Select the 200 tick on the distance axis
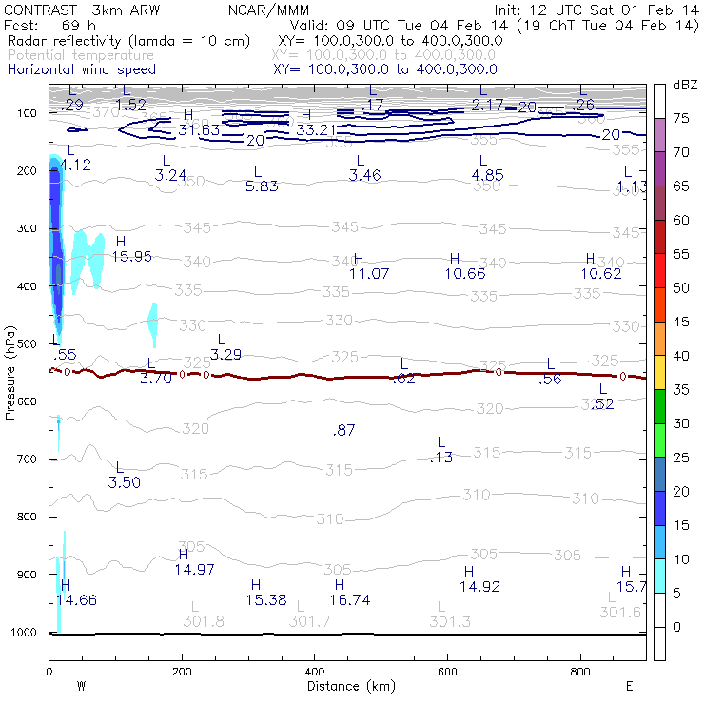tap(181, 671)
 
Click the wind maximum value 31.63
tap(199, 129)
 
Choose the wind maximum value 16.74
tap(350, 600)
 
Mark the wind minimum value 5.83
tap(262, 186)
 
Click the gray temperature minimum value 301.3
tap(450, 621)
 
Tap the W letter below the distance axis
tap(82, 686)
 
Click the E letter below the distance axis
tap(629, 686)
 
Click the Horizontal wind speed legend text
tap(82, 69)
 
